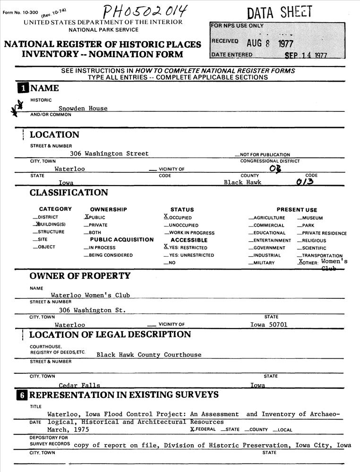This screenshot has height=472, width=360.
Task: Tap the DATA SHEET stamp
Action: pyautogui.click(x=280, y=12)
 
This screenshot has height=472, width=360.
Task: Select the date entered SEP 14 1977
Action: pyautogui.click(x=306, y=55)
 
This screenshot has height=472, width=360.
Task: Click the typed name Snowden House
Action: pyautogui.click(x=83, y=109)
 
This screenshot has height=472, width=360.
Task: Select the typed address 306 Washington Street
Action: pyautogui.click(x=109, y=154)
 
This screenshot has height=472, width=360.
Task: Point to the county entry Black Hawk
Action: pyautogui.click(x=242, y=183)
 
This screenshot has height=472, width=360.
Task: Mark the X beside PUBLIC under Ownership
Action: pyautogui.click(x=86, y=217)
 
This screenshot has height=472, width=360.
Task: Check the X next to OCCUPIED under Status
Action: pyautogui.click(x=166, y=217)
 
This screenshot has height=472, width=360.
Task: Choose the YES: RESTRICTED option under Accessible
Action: pyautogui.click(x=186, y=247)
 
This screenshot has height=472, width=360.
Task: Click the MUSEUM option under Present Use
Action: pyautogui.click(x=312, y=218)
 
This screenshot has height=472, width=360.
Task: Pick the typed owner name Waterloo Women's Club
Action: pyautogui.click(x=90, y=295)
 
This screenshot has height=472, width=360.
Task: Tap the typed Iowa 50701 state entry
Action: pyautogui.click(x=268, y=325)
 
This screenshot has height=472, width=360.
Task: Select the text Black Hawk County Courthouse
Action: pyautogui.click(x=149, y=355)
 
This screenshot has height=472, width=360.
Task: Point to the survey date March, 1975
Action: pyautogui.click(x=68, y=430)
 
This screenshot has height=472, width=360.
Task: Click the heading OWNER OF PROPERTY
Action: pyautogui.click(x=80, y=276)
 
